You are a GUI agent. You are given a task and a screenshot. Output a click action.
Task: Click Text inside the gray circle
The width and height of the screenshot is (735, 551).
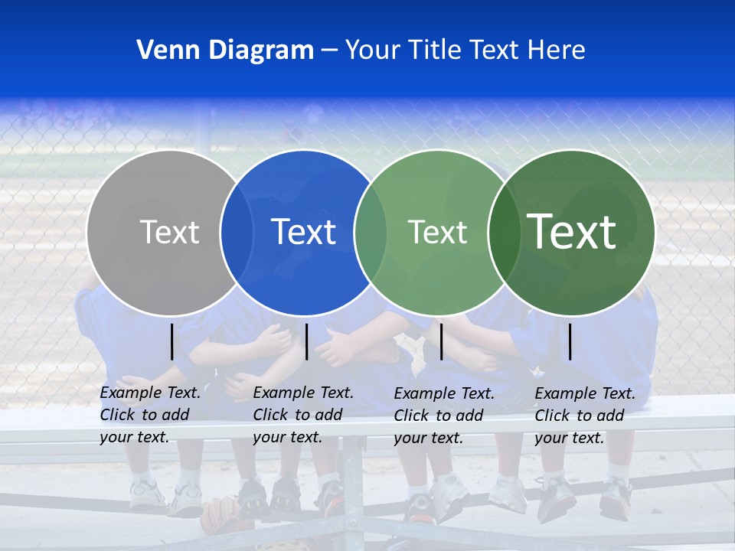tap(169, 232)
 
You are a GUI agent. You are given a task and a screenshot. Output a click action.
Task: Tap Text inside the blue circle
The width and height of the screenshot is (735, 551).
tap(304, 232)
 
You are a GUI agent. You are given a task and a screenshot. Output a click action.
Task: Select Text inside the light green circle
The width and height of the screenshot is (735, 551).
tap(437, 232)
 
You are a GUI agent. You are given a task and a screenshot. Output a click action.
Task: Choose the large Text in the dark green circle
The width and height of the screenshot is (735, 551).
tap(572, 232)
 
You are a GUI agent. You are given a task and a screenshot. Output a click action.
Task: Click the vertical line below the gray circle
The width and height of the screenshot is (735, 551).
tap(172, 341)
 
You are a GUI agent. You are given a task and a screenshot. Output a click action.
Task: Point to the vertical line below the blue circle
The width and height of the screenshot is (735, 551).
tap(306, 341)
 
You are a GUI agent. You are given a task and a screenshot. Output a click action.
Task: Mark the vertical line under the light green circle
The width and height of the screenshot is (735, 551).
tap(441, 341)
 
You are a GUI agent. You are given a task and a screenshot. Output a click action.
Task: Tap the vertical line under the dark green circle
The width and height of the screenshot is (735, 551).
tap(570, 341)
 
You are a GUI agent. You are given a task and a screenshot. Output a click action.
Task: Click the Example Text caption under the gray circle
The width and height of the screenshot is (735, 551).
tap(150, 415)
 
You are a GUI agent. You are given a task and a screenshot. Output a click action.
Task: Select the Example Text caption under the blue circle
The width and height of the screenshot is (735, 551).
tap(303, 415)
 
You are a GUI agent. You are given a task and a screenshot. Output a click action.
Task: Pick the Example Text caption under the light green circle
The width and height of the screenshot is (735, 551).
tap(444, 416)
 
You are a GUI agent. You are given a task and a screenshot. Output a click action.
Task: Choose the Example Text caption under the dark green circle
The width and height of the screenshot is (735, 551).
tap(585, 416)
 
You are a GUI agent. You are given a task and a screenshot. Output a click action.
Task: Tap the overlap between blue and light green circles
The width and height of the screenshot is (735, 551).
tap(371, 232)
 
